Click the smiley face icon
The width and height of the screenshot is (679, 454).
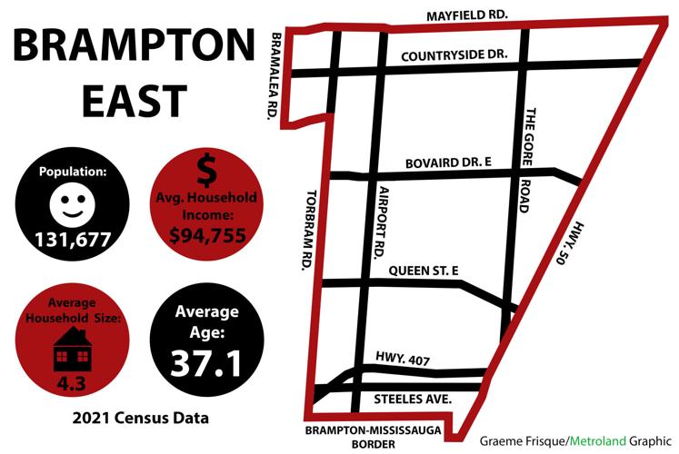coord(71,202)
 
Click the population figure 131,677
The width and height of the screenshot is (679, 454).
coord(72,240)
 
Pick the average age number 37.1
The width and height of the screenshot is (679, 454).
coord(205,363)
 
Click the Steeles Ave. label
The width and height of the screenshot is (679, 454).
coord(413,400)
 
